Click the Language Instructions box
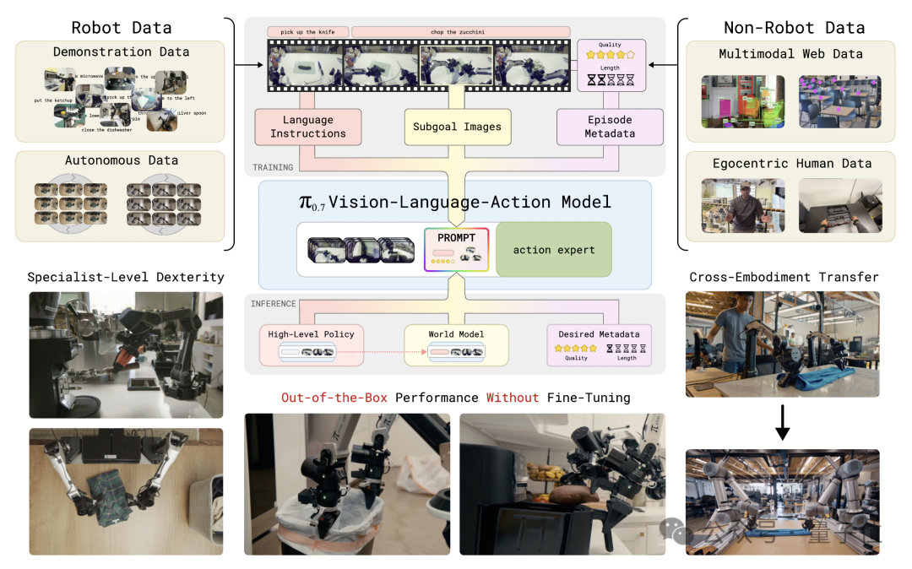[307, 127]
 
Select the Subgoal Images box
[457, 127]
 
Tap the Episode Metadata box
[609, 127]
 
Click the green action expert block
[553, 249]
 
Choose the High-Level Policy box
[310, 344]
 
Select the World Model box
[456, 344]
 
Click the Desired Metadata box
[600, 344]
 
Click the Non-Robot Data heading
[793, 26]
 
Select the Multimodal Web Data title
[790, 54]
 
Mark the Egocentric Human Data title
[790, 163]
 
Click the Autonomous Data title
[122, 160]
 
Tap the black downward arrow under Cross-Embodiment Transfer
[783, 423]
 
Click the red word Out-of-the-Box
[334, 397]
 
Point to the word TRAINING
[273, 167]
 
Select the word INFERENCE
[273, 303]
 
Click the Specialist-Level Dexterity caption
[126, 277]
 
